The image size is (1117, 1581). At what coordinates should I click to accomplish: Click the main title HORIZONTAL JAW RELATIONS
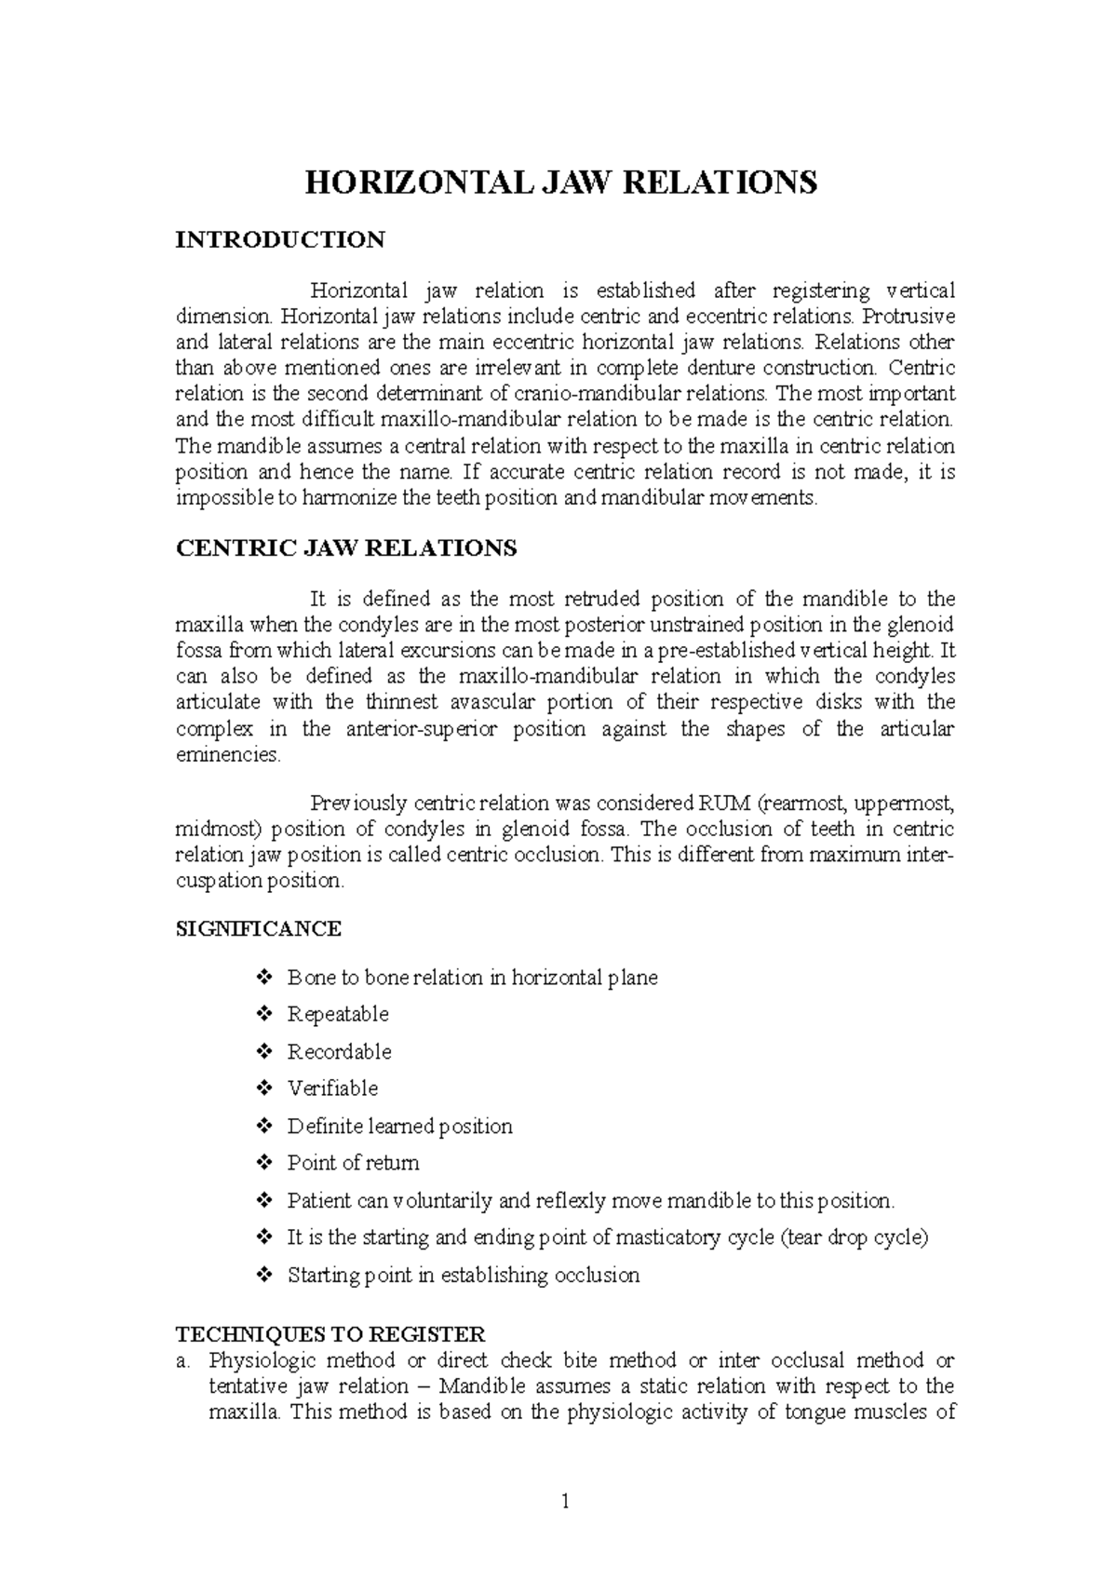pos(561,182)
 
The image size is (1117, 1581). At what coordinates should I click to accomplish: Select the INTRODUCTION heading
pos(280,240)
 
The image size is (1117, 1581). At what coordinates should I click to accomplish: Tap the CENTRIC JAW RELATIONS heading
pos(345,547)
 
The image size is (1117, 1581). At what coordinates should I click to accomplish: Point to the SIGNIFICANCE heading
pos(259,928)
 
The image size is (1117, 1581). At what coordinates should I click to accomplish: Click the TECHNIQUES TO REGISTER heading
pos(330,1334)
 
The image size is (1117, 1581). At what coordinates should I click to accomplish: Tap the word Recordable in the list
pos(339,1051)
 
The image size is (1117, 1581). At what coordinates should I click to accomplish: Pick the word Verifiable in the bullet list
pos(332,1088)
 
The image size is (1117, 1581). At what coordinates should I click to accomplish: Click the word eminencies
pos(227,755)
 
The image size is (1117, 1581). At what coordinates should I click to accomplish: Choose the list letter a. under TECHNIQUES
pos(182,1360)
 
